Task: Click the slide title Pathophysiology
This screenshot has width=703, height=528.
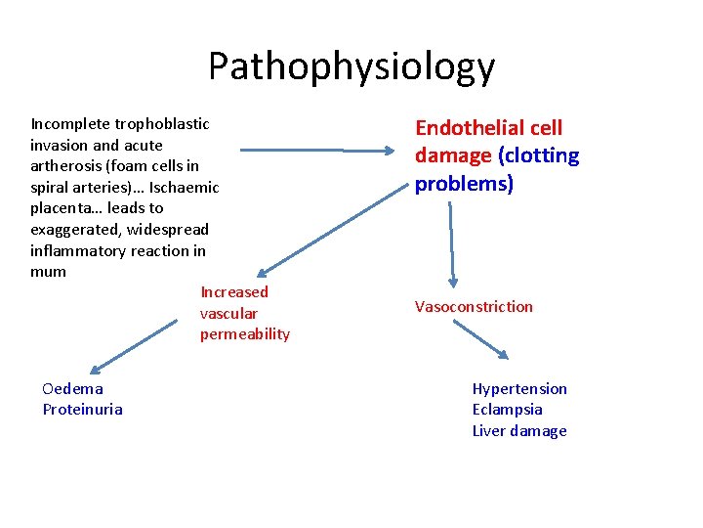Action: click(x=351, y=67)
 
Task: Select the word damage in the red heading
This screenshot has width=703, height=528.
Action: click(x=453, y=155)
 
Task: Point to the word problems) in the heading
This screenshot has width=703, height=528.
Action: click(x=464, y=184)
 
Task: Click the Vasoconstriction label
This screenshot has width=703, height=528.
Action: click(x=474, y=307)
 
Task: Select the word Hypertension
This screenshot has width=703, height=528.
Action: click(x=518, y=389)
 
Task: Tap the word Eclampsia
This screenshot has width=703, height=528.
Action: click(x=507, y=410)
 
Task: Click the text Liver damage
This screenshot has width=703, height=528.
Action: click(x=518, y=431)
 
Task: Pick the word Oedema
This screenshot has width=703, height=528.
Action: click(x=72, y=389)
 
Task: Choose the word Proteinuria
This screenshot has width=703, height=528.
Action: click(x=82, y=410)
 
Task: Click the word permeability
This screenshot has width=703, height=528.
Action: click(x=244, y=334)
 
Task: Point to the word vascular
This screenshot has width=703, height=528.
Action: click(x=228, y=314)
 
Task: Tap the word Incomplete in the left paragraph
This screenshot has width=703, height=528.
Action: click(x=70, y=124)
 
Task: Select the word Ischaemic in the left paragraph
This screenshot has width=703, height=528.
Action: click(x=184, y=187)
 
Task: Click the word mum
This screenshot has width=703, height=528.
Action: click(x=48, y=272)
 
